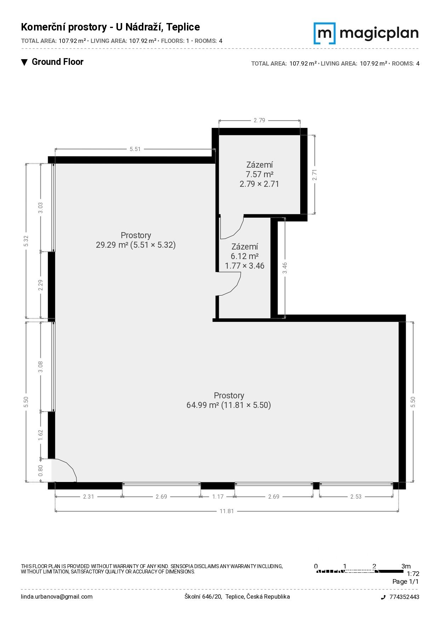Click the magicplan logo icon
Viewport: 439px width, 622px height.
coord(324,33)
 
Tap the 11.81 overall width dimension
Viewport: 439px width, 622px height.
coord(227,511)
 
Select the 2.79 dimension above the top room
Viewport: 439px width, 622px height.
coord(259,120)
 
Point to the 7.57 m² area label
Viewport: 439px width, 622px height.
coord(260,174)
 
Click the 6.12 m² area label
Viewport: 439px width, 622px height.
coord(245,256)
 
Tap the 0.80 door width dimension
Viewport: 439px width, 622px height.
coord(40,471)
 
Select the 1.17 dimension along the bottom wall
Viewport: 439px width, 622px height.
coord(218,497)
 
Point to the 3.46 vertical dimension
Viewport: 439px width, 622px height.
coord(285,268)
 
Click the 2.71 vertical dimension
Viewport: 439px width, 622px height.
coord(314,175)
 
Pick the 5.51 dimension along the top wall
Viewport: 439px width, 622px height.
coord(135,149)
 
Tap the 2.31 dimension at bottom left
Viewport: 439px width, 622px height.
coord(89,497)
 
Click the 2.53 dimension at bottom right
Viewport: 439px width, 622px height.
coord(356,497)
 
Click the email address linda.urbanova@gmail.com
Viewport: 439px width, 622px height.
coord(57,596)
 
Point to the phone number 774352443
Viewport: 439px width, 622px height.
coord(404,597)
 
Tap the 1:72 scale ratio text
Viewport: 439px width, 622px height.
coord(413,573)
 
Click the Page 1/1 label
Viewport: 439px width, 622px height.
coord(405,582)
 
